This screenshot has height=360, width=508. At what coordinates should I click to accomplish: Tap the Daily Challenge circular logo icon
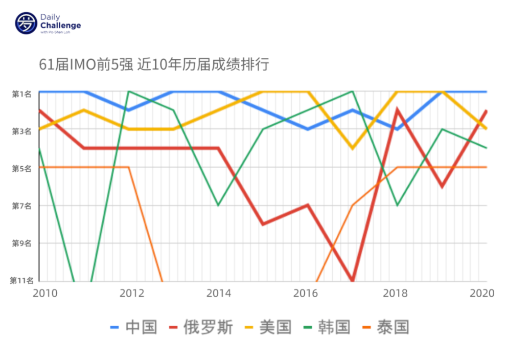point(26,24)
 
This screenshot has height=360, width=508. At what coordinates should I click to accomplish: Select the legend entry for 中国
point(134,327)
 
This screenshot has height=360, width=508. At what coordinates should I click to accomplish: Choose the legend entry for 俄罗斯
point(201,327)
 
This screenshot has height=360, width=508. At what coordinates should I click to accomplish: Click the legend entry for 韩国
point(327,327)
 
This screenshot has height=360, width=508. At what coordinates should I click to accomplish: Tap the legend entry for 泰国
point(386,327)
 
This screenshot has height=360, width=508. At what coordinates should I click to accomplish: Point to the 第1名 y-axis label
point(22,94)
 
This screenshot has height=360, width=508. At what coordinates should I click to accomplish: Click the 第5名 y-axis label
point(22,168)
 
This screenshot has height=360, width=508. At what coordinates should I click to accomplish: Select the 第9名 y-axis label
point(22,243)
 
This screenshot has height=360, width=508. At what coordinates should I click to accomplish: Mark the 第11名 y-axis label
point(21,280)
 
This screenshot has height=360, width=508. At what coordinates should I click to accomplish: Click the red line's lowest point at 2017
point(352,280)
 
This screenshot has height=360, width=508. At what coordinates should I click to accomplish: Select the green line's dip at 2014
point(218,205)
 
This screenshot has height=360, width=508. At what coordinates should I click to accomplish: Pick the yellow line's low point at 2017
point(352,148)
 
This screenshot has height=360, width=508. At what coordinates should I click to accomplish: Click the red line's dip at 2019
point(442,187)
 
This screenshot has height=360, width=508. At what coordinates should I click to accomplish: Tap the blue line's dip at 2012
point(129,110)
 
